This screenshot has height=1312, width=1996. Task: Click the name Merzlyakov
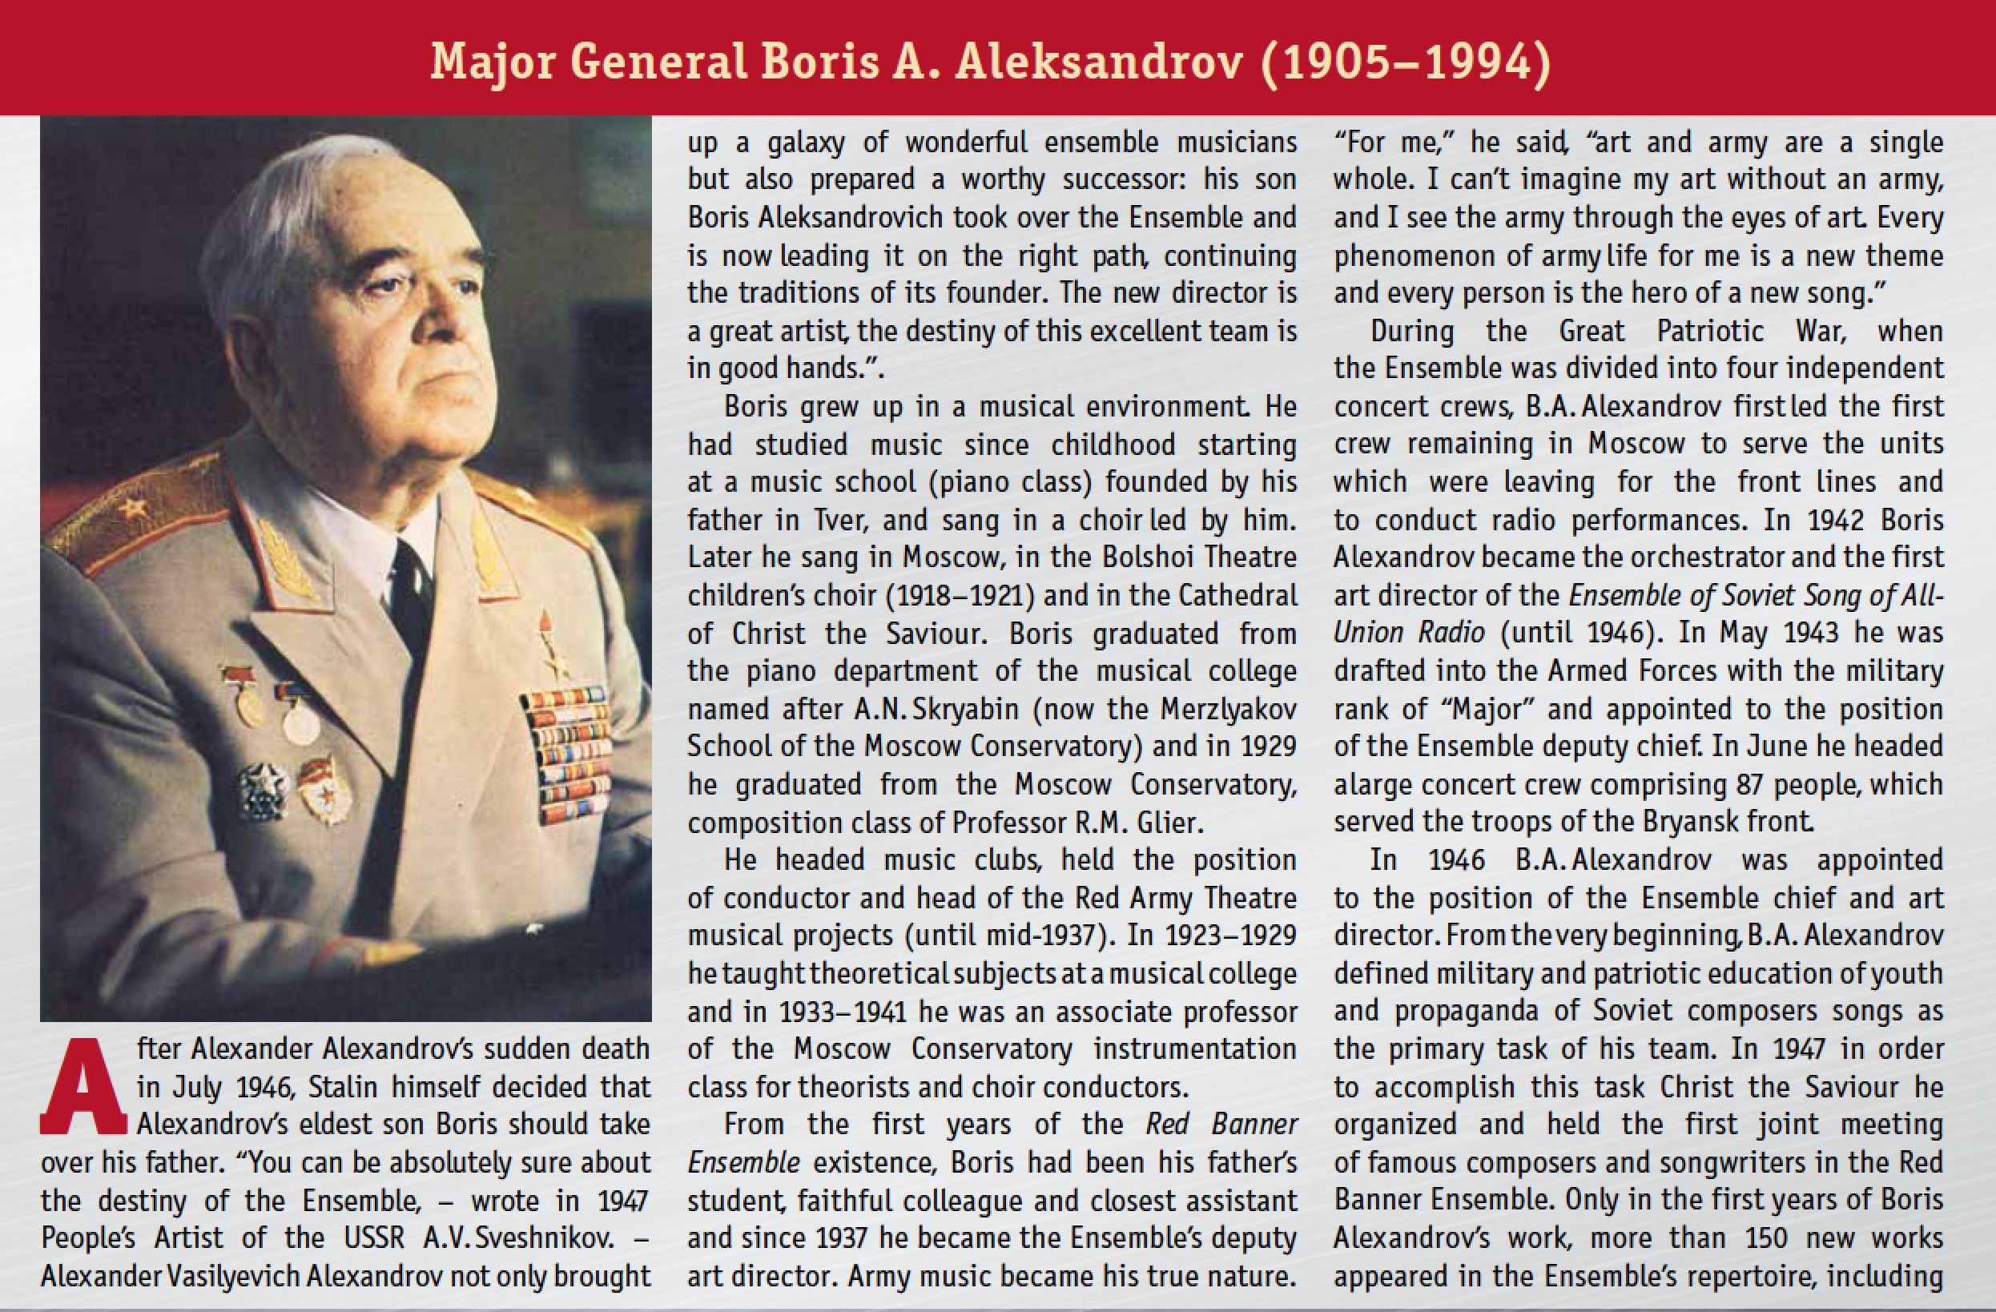1228,709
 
